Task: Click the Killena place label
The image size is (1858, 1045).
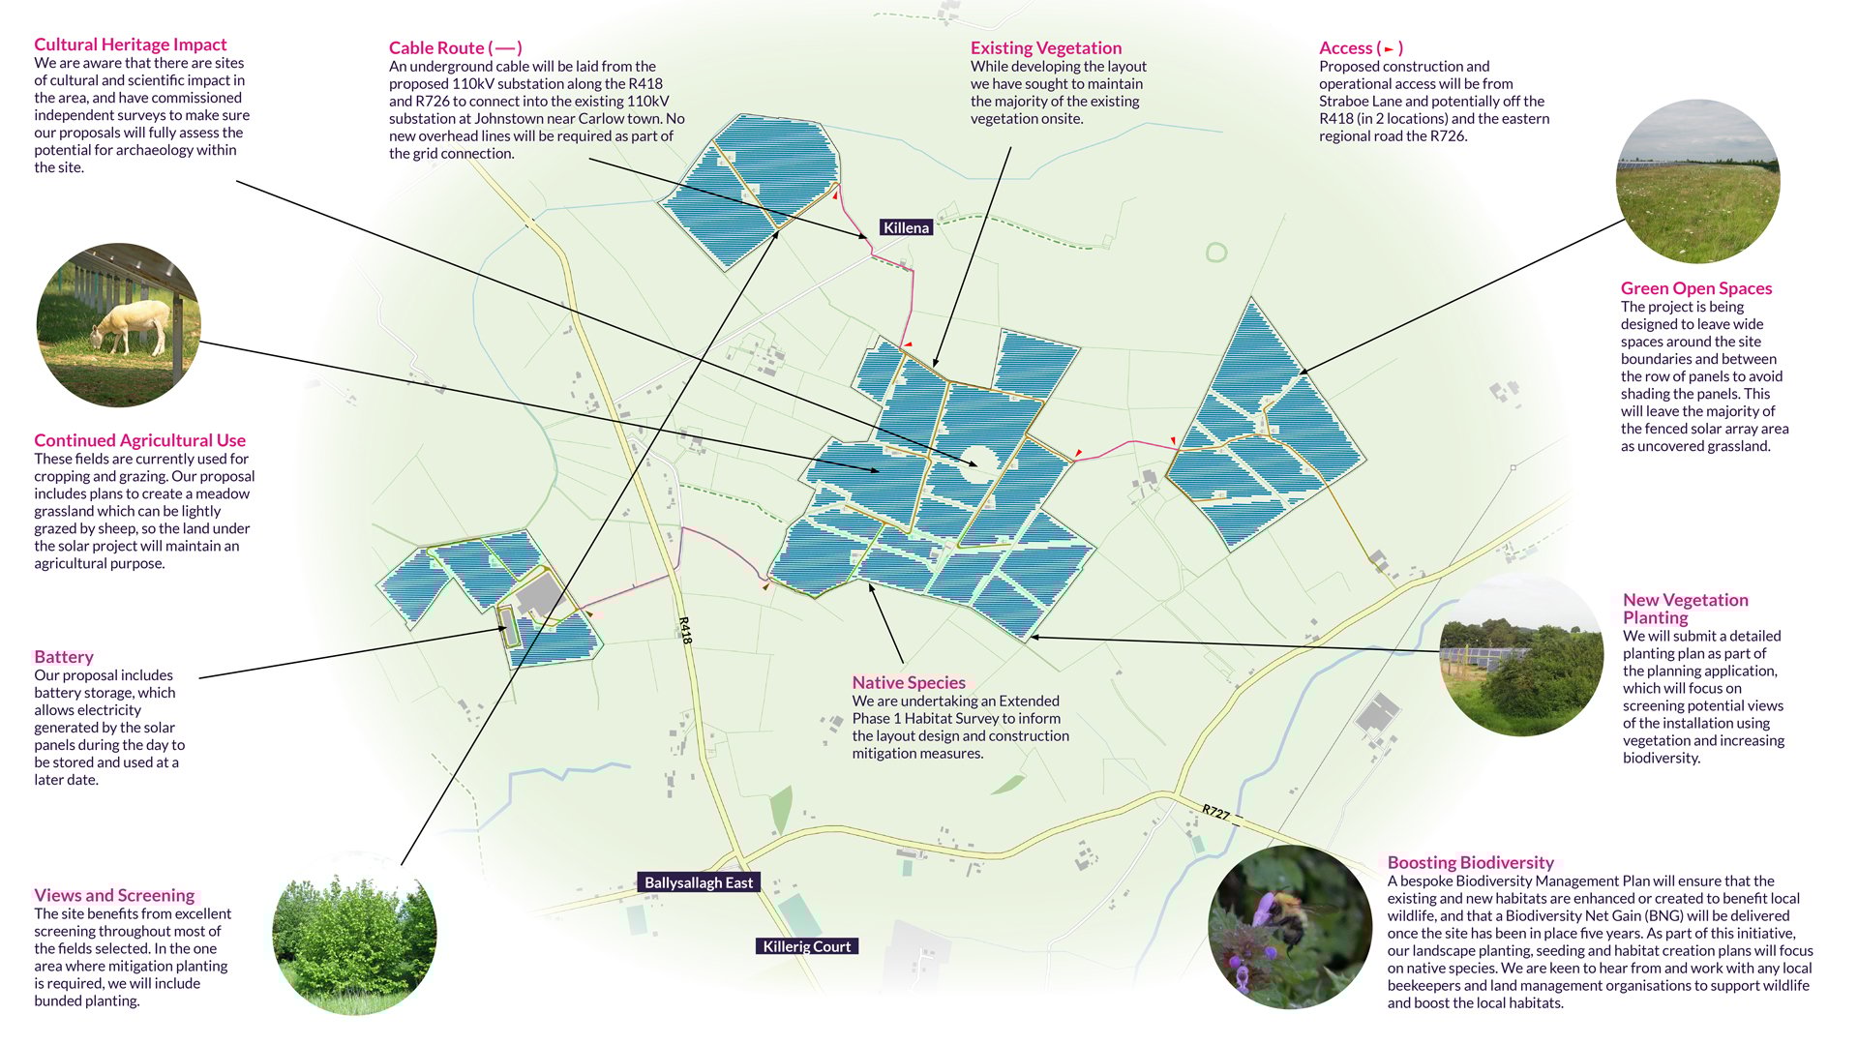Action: point(906,227)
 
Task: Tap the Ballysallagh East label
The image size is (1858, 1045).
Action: point(698,882)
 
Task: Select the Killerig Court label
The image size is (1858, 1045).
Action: point(806,946)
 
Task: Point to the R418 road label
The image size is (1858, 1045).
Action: point(685,630)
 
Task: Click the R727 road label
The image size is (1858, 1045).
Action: point(1215,812)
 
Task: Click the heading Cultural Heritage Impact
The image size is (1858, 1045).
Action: point(130,45)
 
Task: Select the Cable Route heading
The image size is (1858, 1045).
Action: point(455,47)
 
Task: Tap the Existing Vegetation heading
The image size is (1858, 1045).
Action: point(1045,47)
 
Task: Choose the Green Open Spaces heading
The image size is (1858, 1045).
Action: point(1695,288)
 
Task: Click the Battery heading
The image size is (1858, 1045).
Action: point(64,657)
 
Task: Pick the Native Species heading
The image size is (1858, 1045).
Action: point(908,682)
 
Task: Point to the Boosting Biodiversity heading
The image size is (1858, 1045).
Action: point(1470,862)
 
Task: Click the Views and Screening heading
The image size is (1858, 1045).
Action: point(114,895)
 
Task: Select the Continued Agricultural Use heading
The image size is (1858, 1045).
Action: point(139,440)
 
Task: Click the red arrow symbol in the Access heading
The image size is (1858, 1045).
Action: point(1389,48)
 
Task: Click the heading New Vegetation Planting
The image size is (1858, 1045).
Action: point(1685,609)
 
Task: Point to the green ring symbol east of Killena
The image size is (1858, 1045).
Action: point(1215,253)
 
